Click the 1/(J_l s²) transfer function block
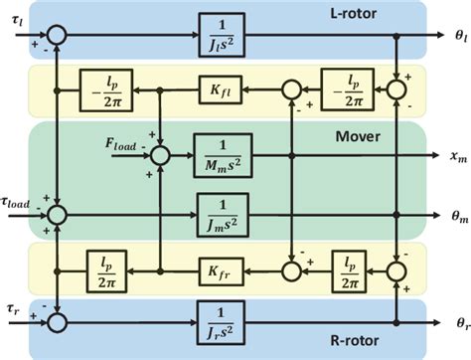tap(222, 33)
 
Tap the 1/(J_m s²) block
tap(222, 212)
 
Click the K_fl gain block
tap(222, 89)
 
